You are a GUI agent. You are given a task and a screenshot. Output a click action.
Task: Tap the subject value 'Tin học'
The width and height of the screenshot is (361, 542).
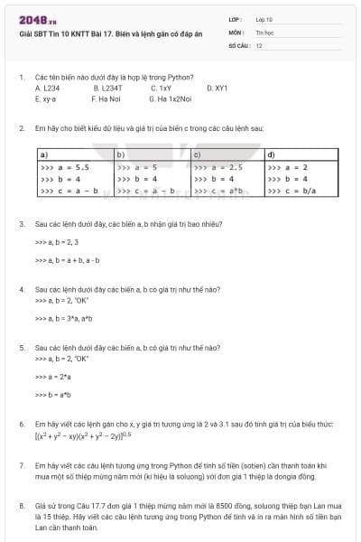pos(264,32)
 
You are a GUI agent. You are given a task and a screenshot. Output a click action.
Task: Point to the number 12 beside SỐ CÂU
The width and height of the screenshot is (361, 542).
pos(259,44)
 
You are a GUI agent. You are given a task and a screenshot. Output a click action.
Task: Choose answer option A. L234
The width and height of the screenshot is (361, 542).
pos(46,89)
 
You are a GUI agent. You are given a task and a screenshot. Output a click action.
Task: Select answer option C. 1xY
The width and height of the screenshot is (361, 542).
pos(162,89)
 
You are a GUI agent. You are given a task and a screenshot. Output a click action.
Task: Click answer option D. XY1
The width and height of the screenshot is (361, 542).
pos(218,89)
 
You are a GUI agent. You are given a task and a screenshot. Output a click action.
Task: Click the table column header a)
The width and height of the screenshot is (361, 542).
pos(44,154)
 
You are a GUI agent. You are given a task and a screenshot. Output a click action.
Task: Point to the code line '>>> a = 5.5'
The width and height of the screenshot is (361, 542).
pos(64,167)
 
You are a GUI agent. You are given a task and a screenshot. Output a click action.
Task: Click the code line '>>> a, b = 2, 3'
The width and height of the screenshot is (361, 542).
pos(56,242)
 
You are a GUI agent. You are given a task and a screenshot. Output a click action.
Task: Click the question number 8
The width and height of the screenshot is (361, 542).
pos(22,505)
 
